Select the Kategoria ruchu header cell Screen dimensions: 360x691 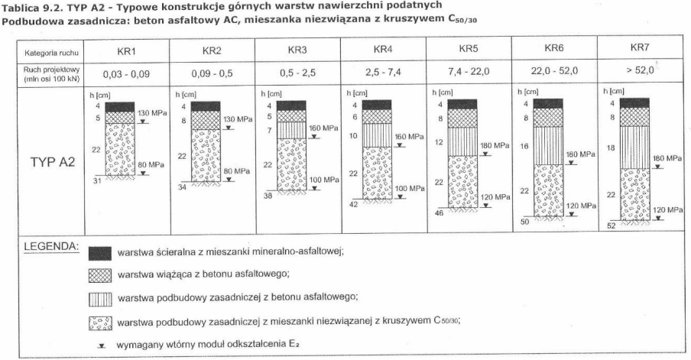pyautogui.click(x=47, y=53)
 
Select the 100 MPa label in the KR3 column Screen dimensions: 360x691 pyautogui.click(x=324, y=180)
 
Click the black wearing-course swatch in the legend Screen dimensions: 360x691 pyautogui.click(x=100, y=254)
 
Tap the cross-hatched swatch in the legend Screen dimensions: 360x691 pyautogui.click(x=100, y=274)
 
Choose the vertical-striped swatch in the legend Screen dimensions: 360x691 pyautogui.click(x=100, y=297)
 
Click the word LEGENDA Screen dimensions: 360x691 pyautogui.click(x=50, y=248)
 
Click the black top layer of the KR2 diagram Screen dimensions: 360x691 pyautogui.click(x=208, y=105)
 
